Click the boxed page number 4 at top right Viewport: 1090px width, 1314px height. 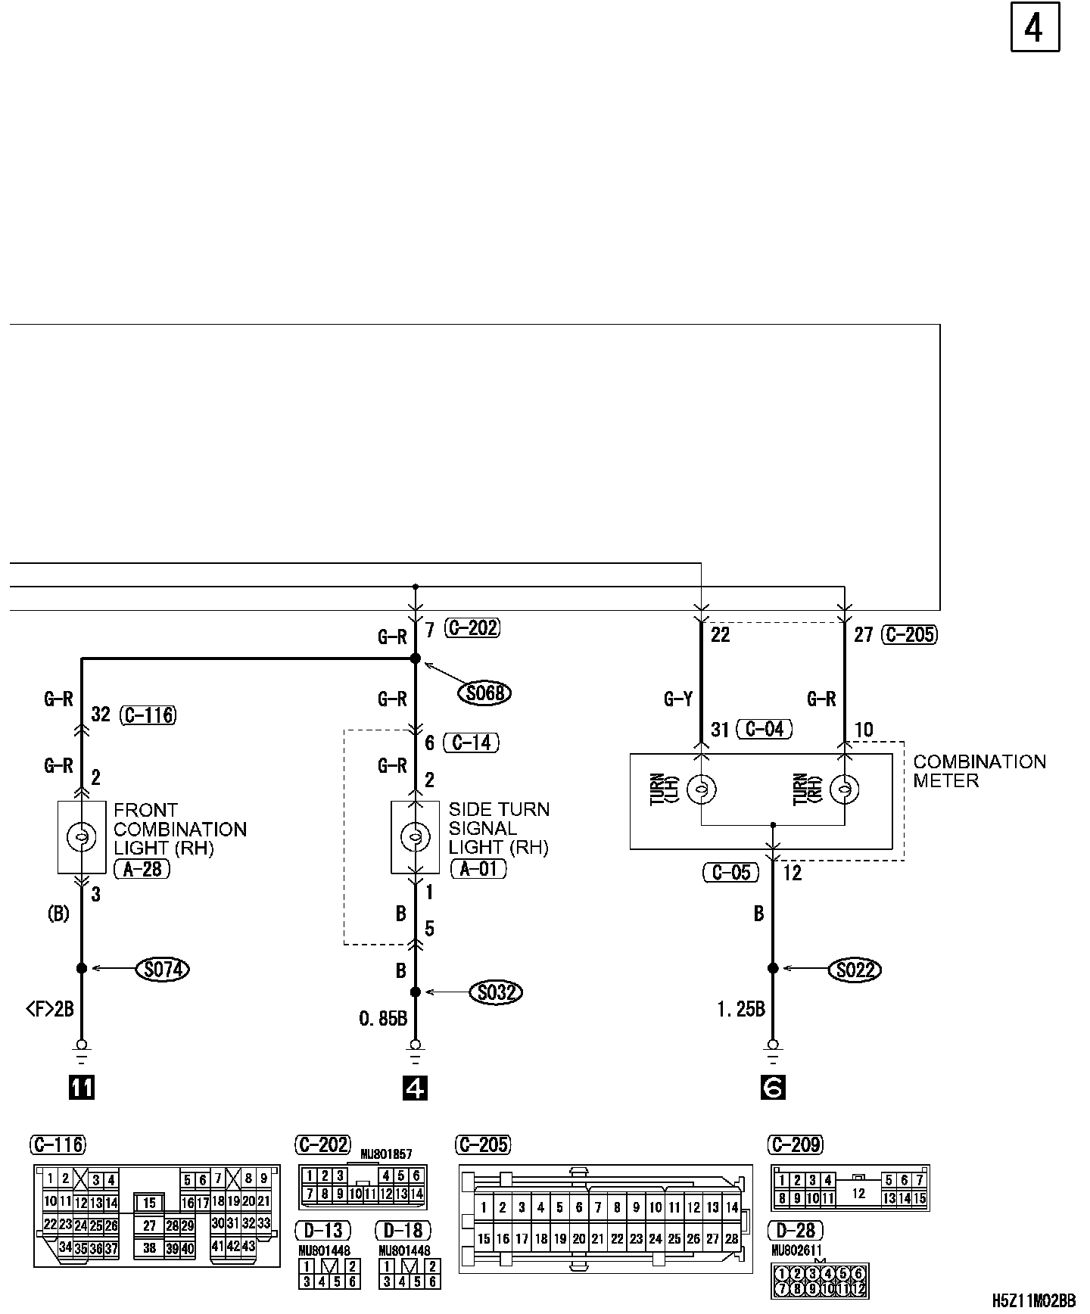(1034, 29)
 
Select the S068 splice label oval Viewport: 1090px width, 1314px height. (485, 693)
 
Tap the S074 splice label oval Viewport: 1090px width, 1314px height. (163, 968)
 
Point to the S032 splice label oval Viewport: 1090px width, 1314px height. (497, 992)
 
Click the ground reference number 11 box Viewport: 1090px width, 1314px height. (82, 1088)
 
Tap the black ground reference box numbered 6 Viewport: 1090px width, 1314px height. (772, 1088)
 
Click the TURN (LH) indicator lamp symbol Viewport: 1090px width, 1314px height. (701, 789)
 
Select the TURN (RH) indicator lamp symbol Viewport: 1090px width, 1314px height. (843, 789)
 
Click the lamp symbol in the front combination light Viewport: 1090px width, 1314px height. (81, 836)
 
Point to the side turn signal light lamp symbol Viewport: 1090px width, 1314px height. (415, 836)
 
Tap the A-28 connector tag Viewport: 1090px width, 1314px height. (142, 869)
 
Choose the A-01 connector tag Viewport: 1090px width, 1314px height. (478, 868)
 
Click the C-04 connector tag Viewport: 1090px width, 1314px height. (765, 729)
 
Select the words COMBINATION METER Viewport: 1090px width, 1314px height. (979, 771)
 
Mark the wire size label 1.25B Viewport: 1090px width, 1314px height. (741, 1008)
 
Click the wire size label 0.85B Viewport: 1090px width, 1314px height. (383, 1019)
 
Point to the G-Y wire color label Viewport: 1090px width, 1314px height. (678, 699)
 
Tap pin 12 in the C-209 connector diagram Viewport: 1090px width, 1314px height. (858, 1194)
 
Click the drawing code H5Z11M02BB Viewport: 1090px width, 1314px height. (1034, 1300)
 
